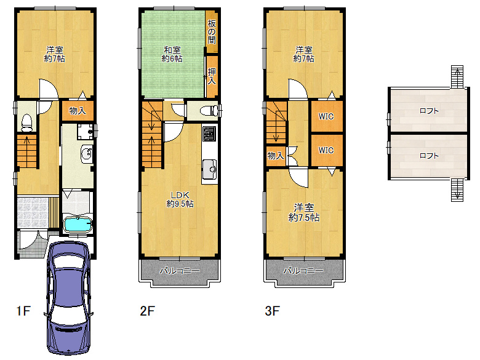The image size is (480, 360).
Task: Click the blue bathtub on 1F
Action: point(78,225)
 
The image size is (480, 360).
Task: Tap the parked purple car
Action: point(68,297)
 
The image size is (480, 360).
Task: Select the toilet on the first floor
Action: point(27,122)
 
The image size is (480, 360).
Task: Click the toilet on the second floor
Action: point(207,111)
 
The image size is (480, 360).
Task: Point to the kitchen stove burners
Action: point(210,134)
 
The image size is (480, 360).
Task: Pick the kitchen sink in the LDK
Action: point(210,169)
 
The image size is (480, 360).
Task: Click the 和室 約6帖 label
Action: point(172,54)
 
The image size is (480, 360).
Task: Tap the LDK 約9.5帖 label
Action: point(180,199)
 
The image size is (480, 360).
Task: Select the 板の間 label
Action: point(212,31)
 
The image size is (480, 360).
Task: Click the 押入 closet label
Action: point(212,76)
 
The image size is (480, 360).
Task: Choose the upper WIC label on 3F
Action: point(326,116)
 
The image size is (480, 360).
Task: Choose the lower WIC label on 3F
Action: point(326,150)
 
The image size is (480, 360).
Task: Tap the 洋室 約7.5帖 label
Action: point(304,212)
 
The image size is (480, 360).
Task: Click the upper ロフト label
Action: point(429,111)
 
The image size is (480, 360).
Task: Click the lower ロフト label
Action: point(429,156)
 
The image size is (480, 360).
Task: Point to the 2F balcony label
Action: point(180,271)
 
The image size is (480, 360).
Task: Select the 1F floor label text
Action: point(23,311)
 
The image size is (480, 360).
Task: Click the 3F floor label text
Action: point(272,311)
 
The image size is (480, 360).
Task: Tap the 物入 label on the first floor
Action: point(78,111)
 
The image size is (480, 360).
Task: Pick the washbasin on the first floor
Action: point(87,154)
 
